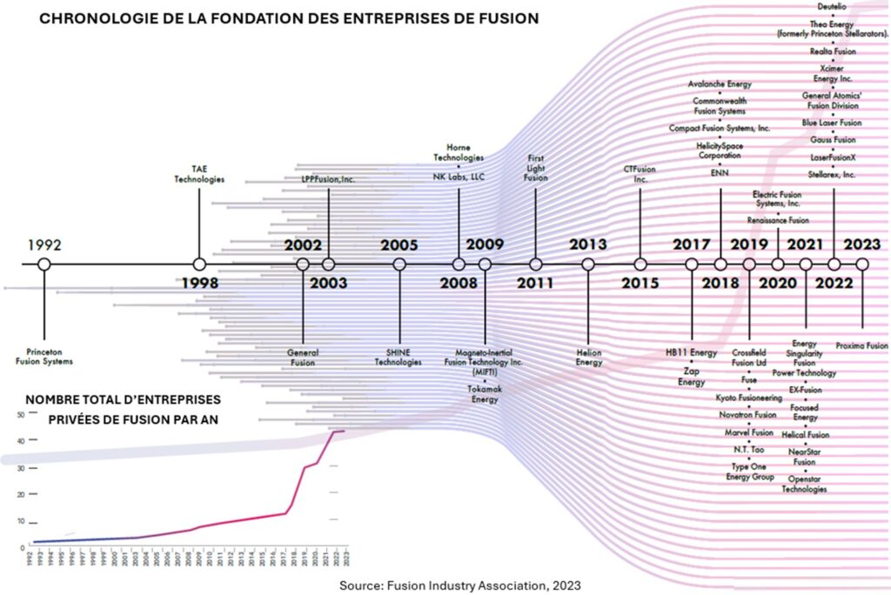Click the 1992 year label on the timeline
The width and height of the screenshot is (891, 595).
44,244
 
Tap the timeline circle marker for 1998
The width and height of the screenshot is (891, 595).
199,264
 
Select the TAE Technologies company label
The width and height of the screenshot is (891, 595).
199,174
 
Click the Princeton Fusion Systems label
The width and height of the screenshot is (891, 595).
44,357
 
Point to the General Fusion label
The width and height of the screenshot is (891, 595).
303,357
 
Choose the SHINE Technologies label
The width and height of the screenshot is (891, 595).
399,357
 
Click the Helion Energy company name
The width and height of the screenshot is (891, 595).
589,358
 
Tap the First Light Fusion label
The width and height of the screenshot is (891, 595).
536,168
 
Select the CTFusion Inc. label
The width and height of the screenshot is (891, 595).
640,174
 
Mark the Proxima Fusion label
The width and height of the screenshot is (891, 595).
861,345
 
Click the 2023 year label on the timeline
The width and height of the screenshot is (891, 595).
861,244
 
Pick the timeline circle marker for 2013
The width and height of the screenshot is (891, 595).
588,264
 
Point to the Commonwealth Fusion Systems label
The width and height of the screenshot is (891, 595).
720,106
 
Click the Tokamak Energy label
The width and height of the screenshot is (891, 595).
485,394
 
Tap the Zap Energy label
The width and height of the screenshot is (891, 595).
692,377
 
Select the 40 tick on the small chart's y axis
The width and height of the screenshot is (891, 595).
21,442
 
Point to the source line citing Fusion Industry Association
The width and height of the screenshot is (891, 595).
459,585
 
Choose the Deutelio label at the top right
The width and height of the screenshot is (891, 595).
833,8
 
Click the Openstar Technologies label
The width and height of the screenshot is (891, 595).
804,485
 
